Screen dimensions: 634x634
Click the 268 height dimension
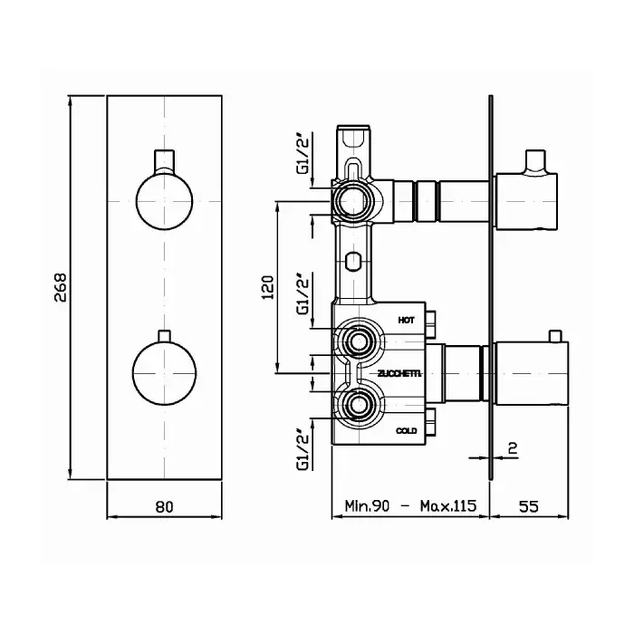(61, 287)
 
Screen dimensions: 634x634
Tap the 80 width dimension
(164, 506)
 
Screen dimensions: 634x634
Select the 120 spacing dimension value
(268, 287)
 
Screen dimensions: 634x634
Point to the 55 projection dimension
(528, 505)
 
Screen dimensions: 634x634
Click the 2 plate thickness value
(513, 448)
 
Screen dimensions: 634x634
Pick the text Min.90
(367, 505)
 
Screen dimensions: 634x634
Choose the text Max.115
(448, 505)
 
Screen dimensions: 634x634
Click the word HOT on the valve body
(406, 321)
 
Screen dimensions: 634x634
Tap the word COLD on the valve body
(406, 430)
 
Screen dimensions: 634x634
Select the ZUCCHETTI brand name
(400, 374)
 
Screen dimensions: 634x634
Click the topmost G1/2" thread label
(303, 155)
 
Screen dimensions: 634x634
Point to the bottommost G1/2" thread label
(303, 451)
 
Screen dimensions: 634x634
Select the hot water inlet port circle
(359, 342)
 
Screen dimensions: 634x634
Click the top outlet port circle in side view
(354, 200)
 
